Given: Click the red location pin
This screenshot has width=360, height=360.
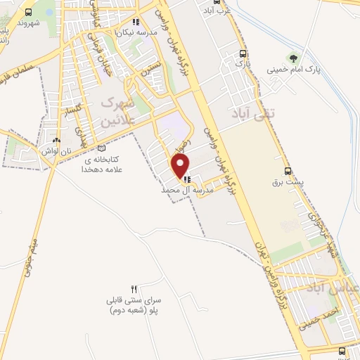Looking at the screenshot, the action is click(181, 167).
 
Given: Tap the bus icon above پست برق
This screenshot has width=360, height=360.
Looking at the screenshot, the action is click(287, 171).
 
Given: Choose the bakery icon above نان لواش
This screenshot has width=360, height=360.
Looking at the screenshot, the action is click(66, 141).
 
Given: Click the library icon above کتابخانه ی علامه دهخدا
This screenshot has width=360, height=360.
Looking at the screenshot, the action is click(103, 148).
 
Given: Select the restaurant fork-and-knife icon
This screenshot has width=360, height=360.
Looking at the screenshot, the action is click(134, 289).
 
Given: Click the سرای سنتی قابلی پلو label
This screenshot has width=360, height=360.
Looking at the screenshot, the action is click(134, 304).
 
